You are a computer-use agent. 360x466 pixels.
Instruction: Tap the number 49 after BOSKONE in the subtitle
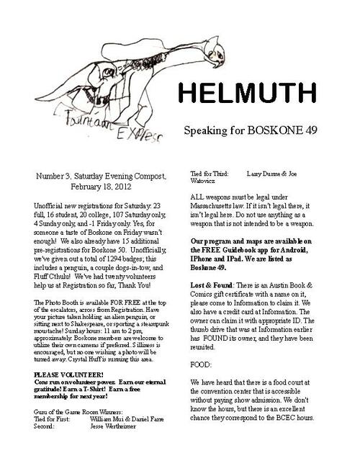[306, 132]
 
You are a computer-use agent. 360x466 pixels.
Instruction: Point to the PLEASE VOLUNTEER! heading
[69, 375]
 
